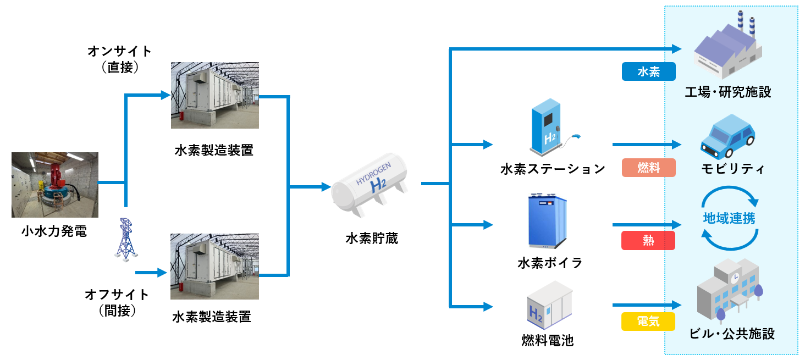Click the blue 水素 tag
pos(648,72)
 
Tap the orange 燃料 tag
pos(648,168)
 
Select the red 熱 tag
pos(648,240)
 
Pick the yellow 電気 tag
pos(648,321)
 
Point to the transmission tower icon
pos(125,239)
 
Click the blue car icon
pos(727,136)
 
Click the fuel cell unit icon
pos(549,306)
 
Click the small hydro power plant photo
pos(55,185)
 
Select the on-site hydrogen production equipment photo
pos(214,96)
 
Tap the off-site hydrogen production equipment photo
pos(214,267)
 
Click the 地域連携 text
pos(729,218)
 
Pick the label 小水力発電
pos(54,231)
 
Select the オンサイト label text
pos(119,52)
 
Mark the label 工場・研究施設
pos(727,92)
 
